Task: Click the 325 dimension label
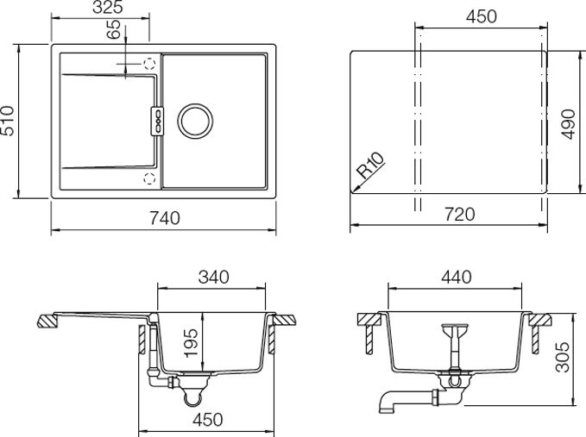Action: tap(108, 8)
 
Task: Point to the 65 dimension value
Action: tap(114, 29)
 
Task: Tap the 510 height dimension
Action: tap(7, 121)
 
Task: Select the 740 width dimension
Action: tap(165, 218)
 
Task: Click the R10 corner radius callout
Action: tap(370, 165)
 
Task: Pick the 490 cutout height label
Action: tap(568, 124)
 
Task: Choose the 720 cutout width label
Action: tap(460, 215)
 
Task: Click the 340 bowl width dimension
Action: tap(214, 278)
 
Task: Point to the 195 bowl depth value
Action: tap(192, 342)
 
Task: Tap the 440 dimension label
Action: tap(457, 278)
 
